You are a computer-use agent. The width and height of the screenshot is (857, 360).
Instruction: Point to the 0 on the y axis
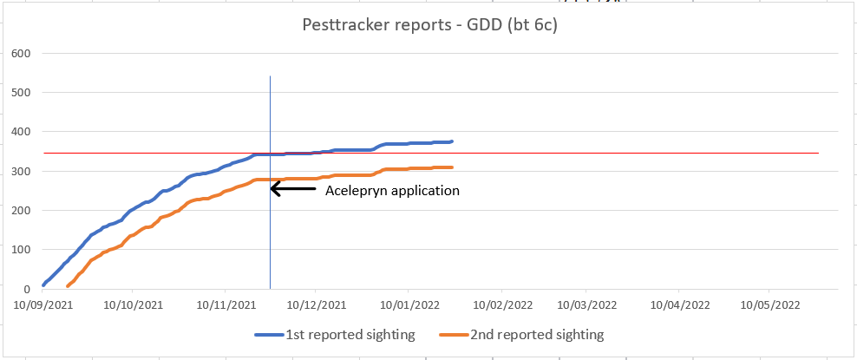[x=26, y=289]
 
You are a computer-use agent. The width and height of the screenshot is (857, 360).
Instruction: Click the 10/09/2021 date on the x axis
[x=43, y=305]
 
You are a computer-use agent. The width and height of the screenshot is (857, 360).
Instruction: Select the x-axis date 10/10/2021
[x=134, y=305]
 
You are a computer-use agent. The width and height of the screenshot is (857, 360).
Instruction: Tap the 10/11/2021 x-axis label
[x=226, y=305]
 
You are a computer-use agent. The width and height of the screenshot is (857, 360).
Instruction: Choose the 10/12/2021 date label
[x=316, y=305]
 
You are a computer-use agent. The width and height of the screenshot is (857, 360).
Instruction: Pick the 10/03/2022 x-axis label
[x=586, y=305]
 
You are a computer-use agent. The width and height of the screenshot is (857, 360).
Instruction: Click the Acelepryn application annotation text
[x=391, y=190]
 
